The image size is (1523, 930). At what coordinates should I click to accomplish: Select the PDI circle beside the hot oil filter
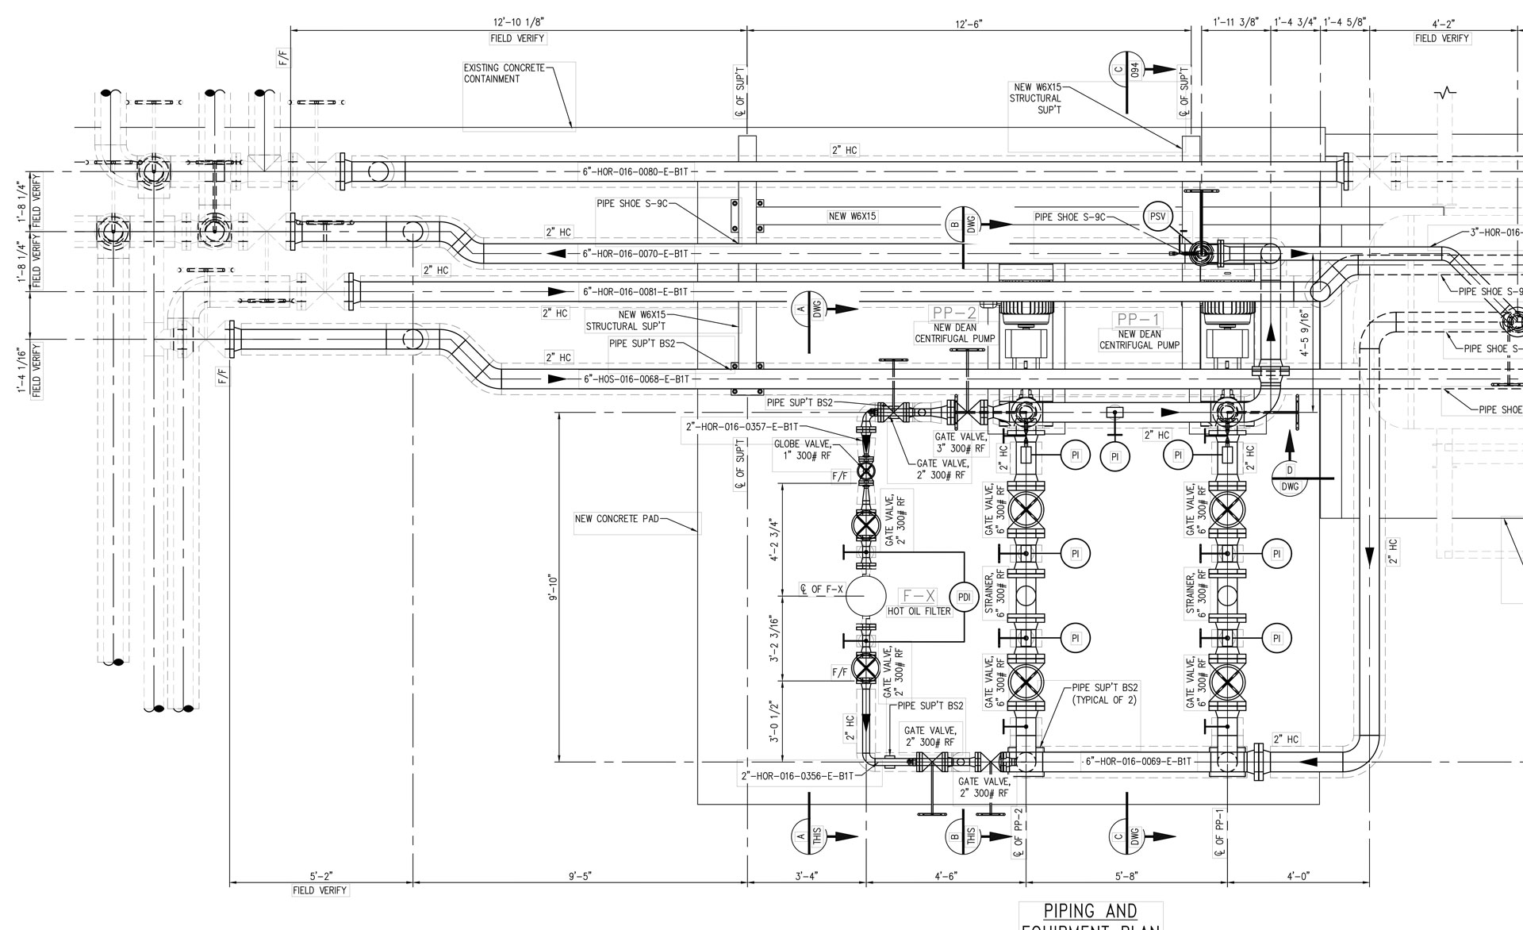click(965, 598)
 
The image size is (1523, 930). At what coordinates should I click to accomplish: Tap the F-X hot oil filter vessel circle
click(865, 597)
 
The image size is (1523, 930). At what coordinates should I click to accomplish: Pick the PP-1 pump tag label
click(1139, 319)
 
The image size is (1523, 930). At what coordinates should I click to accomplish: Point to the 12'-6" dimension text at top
click(969, 24)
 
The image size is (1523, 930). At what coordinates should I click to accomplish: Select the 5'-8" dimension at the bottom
click(1126, 876)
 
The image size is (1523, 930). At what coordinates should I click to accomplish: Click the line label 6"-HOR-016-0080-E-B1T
click(635, 171)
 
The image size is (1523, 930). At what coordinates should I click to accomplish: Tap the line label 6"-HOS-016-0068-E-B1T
click(636, 379)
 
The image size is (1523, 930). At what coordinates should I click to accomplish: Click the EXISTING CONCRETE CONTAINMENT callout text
click(504, 73)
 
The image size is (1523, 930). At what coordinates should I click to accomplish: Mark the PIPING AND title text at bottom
click(1090, 911)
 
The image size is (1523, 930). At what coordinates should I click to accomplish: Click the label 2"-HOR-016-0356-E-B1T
click(797, 776)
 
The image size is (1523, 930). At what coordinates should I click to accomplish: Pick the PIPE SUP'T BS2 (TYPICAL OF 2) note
click(1104, 694)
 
